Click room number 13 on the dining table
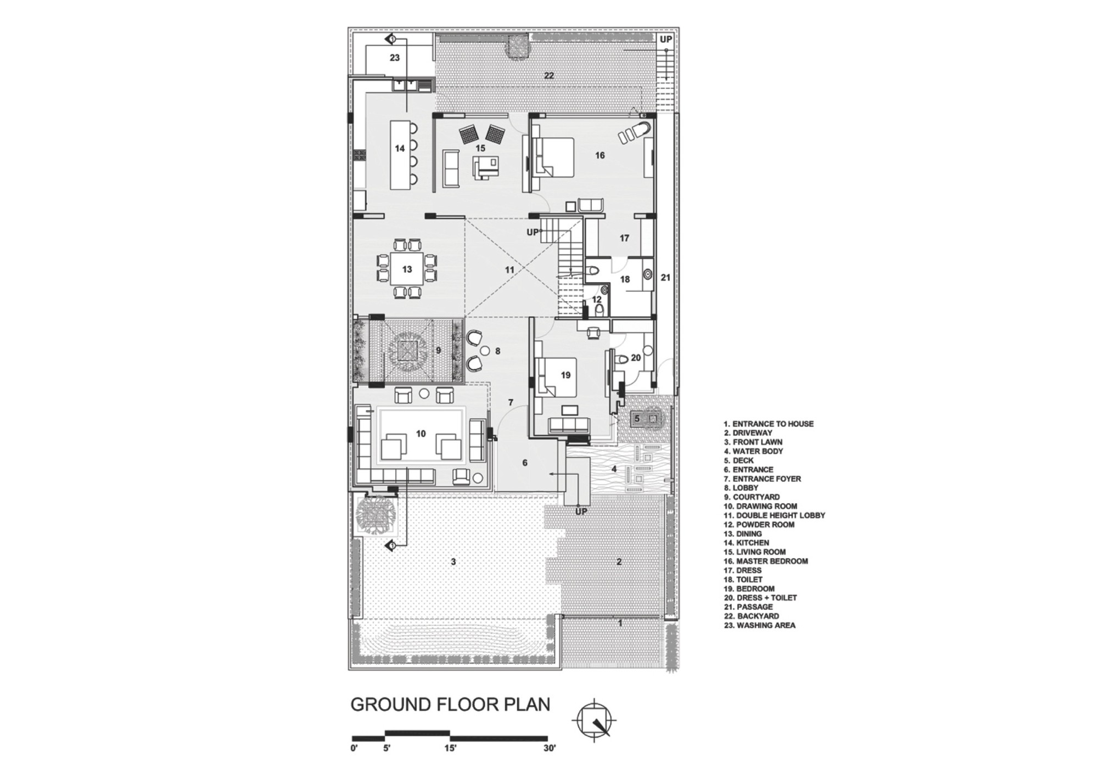click(407, 269)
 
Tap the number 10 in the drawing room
click(421, 434)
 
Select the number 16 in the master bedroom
click(600, 155)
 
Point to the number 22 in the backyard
click(549, 76)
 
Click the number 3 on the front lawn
click(453, 561)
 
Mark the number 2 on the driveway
click(619, 561)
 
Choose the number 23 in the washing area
click(395, 58)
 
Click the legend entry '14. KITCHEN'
click(746, 543)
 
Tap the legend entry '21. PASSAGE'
click(748, 607)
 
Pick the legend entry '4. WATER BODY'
click(753, 451)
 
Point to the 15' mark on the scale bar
click(450, 749)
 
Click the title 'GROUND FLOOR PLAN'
click(450, 705)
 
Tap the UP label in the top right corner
click(666, 40)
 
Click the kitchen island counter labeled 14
click(400, 155)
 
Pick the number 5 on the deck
click(637, 419)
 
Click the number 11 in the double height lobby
click(509, 270)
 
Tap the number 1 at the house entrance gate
click(620, 623)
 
